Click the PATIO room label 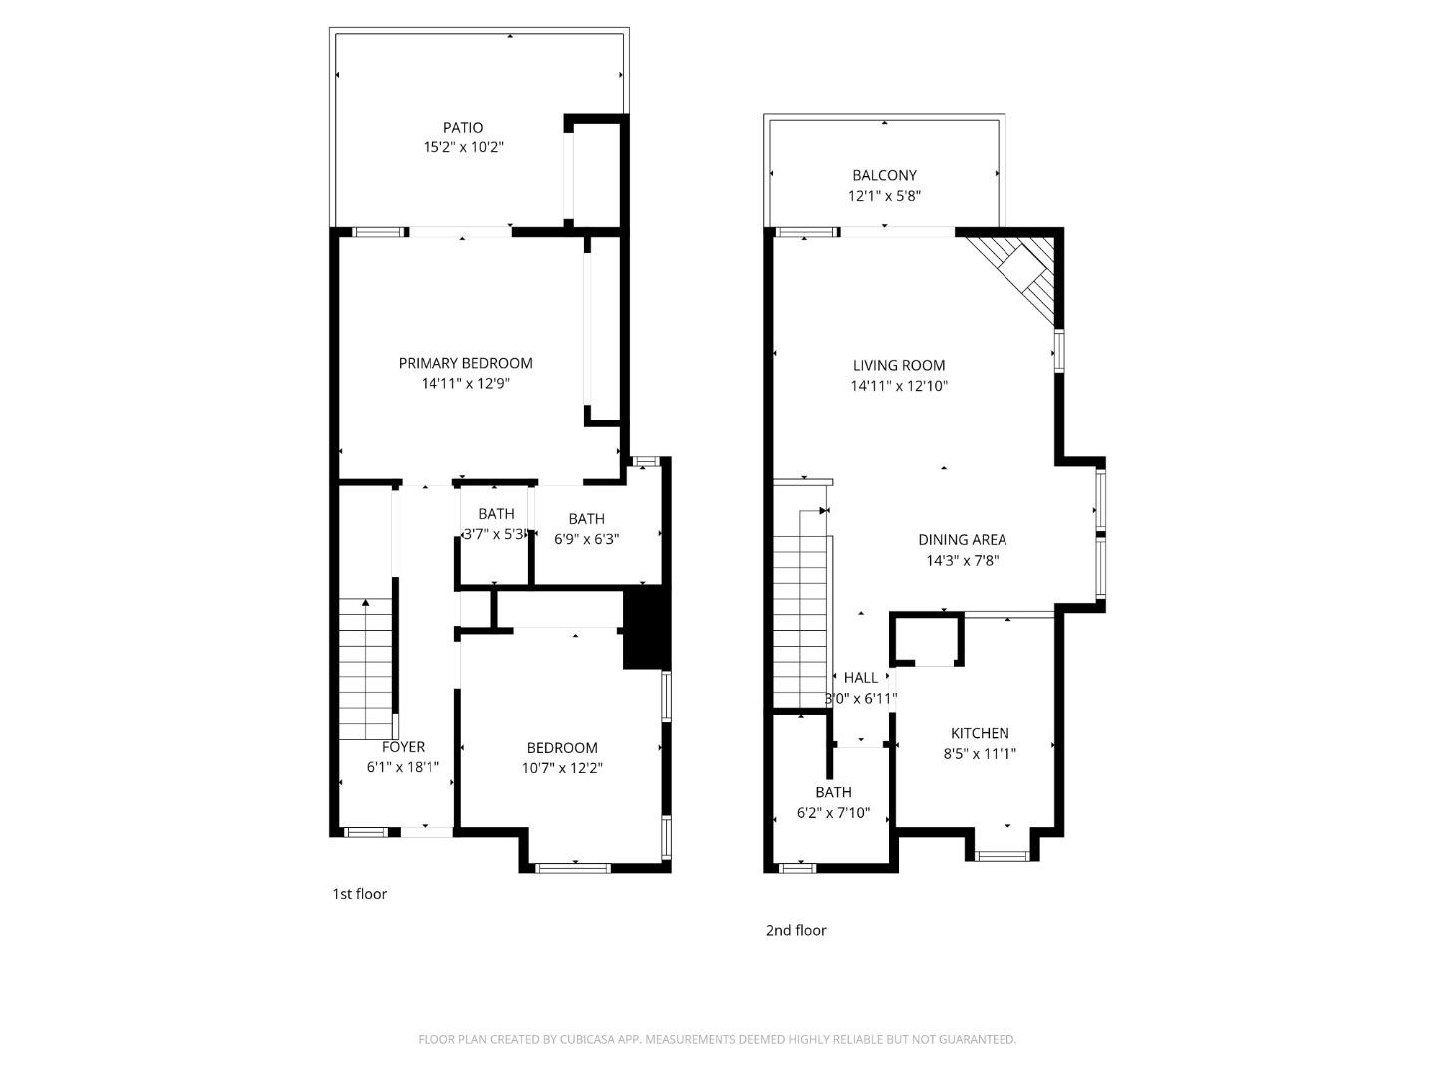(463, 127)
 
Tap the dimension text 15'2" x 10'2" (463, 147)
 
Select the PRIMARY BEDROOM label (465, 363)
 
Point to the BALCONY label (884, 175)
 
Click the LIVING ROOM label (898, 365)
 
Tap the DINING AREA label (962, 540)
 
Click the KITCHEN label (979, 733)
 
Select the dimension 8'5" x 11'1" (979, 754)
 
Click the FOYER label (403, 747)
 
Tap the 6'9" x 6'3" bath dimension (586, 539)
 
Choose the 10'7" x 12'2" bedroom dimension (562, 768)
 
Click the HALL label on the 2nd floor (861, 678)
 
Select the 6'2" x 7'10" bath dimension (833, 813)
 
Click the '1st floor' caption (359, 894)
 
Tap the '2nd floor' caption (795, 931)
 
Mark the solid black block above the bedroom (645, 628)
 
